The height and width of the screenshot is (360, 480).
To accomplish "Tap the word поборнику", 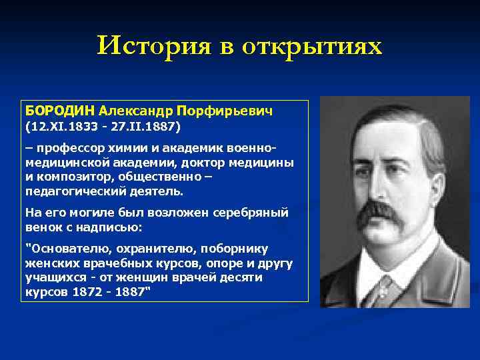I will coord(236,248).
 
